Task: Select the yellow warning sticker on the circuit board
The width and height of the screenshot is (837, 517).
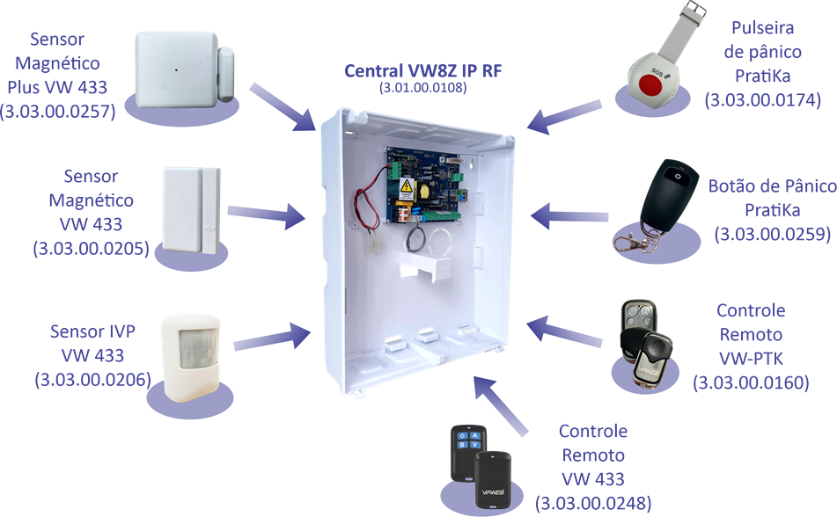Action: tap(406, 187)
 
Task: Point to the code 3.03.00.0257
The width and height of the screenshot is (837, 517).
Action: tap(58, 111)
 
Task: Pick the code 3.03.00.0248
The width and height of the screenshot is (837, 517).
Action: tap(594, 503)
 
